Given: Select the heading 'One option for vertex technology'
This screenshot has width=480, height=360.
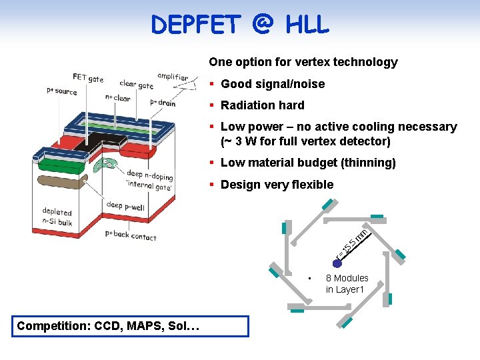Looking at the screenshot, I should tap(303, 62).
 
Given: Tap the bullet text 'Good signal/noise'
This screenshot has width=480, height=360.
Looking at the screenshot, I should tap(272, 84).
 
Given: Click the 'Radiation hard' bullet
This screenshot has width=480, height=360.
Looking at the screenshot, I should tap(262, 105).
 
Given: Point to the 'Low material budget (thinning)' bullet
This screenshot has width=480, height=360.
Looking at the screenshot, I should tap(308, 163).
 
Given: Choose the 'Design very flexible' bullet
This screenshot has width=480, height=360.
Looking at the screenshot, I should tap(277, 185).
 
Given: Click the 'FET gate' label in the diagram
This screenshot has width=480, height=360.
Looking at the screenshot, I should tap(88, 79).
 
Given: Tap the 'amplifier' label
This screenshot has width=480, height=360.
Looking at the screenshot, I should tap(173, 77).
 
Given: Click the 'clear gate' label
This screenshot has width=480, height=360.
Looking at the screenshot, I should tap(136, 84).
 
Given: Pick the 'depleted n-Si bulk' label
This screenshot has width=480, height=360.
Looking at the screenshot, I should tap(57, 217).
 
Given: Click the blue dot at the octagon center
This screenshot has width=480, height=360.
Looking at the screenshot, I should tap(337, 264).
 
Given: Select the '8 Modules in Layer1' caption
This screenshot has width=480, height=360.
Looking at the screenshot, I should tap(347, 283).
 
